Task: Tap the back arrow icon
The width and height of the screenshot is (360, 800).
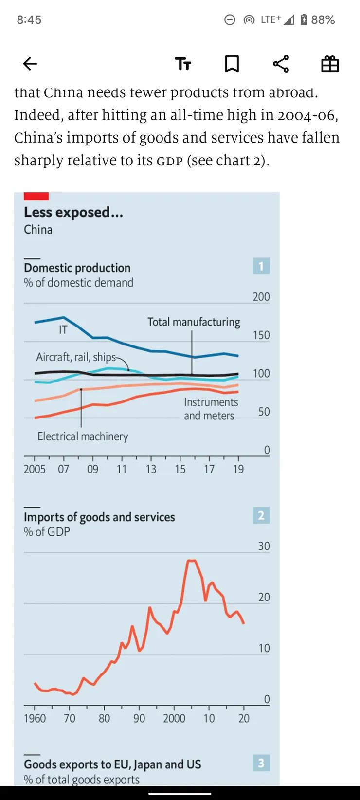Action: (x=30, y=64)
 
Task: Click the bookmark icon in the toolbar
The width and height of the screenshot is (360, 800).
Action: (x=232, y=64)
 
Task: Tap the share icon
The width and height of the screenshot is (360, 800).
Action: (x=281, y=64)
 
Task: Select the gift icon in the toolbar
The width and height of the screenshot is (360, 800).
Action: (x=330, y=64)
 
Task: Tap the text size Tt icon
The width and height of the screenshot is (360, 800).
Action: (x=183, y=64)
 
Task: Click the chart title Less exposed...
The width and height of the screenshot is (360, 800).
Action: (x=73, y=212)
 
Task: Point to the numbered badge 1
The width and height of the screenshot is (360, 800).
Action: (x=261, y=266)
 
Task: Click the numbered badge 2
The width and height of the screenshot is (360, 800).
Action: (x=261, y=515)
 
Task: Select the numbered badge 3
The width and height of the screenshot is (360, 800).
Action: (x=261, y=763)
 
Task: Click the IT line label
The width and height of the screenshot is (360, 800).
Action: (x=63, y=330)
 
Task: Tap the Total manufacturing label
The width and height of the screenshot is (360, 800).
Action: (x=194, y=322)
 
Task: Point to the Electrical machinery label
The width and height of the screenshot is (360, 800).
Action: (x=83, y=436)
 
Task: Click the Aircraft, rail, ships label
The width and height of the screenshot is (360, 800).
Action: (x=76, y=357)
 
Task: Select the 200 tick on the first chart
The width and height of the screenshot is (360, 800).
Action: (x=261, y=297)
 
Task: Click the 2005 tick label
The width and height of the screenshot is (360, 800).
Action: (x=35, y=469)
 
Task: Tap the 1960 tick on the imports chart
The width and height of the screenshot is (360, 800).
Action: (x=35, y=718)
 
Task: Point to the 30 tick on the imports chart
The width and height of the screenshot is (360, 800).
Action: (x=264, y=546)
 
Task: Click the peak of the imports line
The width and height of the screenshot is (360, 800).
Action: (x=191, y=561)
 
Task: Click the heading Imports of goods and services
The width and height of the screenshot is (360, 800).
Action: (x=99, y=517)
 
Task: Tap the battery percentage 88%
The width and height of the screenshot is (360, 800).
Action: (x=323, y=20)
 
